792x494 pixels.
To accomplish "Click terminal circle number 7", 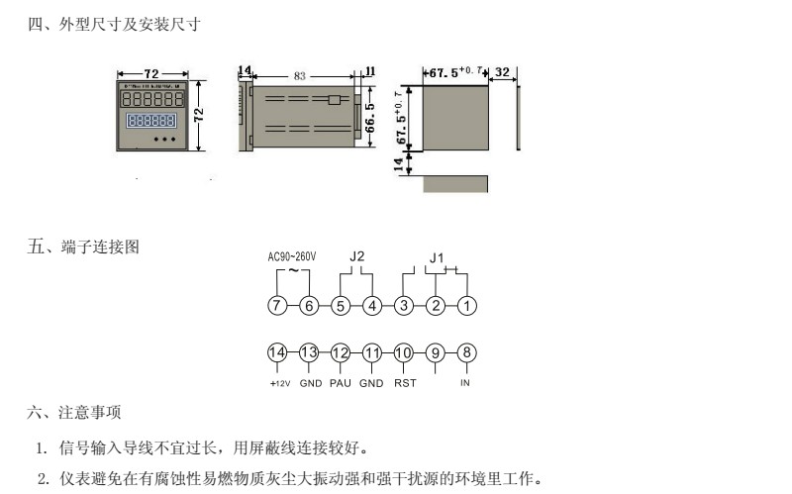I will coord(277,306).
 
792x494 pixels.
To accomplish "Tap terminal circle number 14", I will coord(277,352).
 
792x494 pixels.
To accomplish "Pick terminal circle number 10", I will coord(403,352).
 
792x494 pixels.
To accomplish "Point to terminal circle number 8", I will coord(466,352).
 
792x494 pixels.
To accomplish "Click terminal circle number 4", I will coord(371,306).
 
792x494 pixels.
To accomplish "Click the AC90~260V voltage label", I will coord(292,257).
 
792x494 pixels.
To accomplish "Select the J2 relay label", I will coord(357,257).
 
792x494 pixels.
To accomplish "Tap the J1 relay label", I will coord(437,258).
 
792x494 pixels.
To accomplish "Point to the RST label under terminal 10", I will coord(404,382).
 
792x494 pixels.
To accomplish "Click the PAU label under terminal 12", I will coord(341,382).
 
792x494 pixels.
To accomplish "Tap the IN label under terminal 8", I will coord(465,382).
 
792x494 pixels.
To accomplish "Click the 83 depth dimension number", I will coord(300,75).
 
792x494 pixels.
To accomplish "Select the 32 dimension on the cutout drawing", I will coord(502,72).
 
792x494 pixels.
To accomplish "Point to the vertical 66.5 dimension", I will coord(369,117).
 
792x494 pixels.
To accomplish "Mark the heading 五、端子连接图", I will coord(83,247).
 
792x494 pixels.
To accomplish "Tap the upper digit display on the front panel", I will coord(152,100).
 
